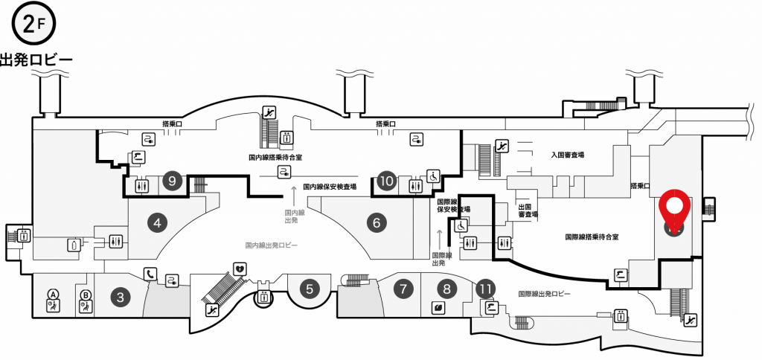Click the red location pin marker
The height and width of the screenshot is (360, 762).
click(674, 209)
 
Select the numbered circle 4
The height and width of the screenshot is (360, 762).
click(157, 223)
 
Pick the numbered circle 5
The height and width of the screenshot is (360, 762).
click(310, 289)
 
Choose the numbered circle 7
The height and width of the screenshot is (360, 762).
click(403, 289)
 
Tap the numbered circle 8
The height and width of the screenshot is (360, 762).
click(447, 289)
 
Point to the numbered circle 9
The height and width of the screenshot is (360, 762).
click(172, 181)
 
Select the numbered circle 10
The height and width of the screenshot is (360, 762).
click(387, 181)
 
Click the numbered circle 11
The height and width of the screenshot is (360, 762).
click(485, 289)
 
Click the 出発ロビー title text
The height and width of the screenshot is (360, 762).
click(36, 60)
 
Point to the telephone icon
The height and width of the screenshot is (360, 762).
click(150, 274)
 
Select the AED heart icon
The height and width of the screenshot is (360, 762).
click(240, 269)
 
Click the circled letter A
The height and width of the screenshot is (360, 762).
click(53, 294)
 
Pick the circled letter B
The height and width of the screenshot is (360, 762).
click(85, 294)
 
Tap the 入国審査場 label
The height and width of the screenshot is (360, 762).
click(568, 155)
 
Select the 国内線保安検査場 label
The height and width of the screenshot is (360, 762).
click(330, 186)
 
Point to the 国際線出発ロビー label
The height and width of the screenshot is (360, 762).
click(544, 294)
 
